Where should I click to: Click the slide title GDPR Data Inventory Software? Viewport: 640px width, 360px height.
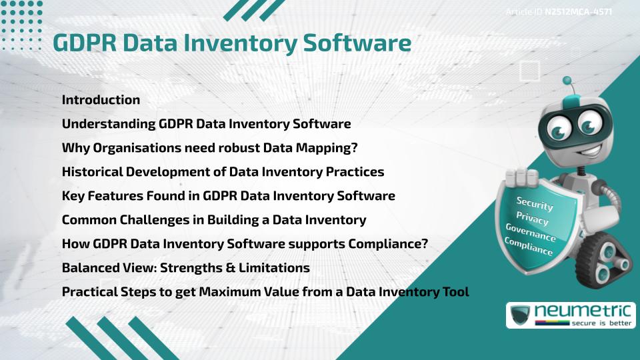pyautogui.click(x=231, y=43)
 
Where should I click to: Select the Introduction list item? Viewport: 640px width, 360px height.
pyautogui.click(x=101, y=100)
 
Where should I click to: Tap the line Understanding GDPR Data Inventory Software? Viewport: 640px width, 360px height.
pyautogui.click(x=206, y=124)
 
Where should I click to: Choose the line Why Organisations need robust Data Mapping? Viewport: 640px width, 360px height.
pyautogui.click(x=210, y=148)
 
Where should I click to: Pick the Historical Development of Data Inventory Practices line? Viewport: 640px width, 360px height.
pyautogui.click(x=223, y=172)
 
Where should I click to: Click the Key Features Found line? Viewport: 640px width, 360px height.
pyautogui.click(x=228, y=196)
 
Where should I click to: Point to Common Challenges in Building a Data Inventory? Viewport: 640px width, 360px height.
pyautogui.click(x=213, y=220)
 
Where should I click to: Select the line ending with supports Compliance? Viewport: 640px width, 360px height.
pyautogui.click(x=245, y=244)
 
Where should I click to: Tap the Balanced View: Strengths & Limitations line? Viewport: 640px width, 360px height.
pyautogui.click(x=185, y=268)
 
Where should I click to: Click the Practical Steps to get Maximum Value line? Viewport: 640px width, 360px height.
pyautogui.click(x=265, y=292)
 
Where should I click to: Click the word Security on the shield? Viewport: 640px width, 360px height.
pyautogui.click(x=535, y=205)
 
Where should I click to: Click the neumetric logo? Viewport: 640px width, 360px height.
pyautogui.click(x=566, y=315)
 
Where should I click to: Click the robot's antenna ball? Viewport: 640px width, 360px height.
pyautogui.click(x=567, y=81)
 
